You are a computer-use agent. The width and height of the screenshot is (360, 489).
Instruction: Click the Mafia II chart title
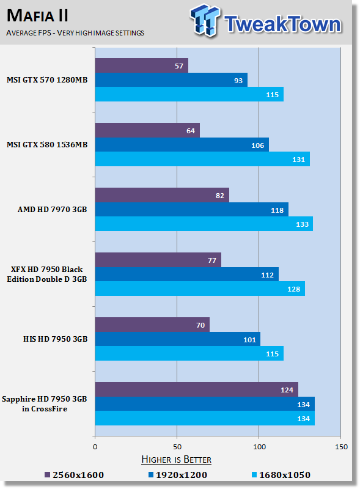click(x=37, y=16)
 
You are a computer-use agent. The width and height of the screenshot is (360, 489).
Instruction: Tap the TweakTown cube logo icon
click(x=205, y=21)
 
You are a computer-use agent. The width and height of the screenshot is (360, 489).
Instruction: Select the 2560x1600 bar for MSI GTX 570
click(x=142, y=65)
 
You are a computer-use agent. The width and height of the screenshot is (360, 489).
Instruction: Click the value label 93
click(x=238, y=81)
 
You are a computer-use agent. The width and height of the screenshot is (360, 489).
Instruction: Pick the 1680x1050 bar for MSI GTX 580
click(x=202, y=159)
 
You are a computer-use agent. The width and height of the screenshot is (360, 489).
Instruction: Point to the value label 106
click(x=258, y=145)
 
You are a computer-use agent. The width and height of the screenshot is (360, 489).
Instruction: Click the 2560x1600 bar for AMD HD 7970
click(x=162, y=195)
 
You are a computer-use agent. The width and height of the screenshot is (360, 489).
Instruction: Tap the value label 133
click(x=303, y=224)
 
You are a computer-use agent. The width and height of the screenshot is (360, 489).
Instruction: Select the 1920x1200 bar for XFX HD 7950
click(x=187, y=274)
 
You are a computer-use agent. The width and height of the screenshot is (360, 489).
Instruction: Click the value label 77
click(x=212, y=260)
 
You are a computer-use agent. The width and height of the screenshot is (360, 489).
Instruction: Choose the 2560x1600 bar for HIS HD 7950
click(x=152, y=325)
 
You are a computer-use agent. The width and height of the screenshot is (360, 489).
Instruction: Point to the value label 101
click(x=249, y=340)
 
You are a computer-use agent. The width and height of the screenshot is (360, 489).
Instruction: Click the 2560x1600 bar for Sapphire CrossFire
click(x=197, y=389)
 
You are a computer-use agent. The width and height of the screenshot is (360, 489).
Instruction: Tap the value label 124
click(x=287, y=390)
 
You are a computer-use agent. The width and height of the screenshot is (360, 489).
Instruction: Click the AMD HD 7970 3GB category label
click(x=53, y=209)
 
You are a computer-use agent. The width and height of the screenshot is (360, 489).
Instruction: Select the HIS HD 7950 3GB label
click(x=55, y=339)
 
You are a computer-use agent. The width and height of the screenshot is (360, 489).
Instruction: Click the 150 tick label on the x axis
click(x=341, y=447)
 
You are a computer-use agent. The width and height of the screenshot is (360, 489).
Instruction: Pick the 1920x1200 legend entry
click(x=178, y=475)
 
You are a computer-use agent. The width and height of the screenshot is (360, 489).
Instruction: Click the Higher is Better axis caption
click(x=176, y=460)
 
